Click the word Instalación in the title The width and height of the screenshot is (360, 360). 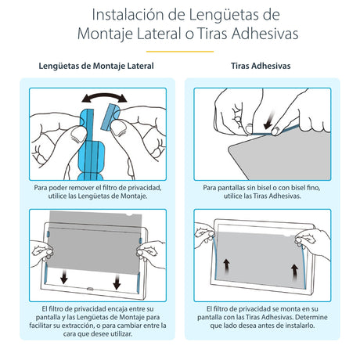(x=124, y=15)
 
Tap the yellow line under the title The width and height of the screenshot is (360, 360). (x=179, y=51)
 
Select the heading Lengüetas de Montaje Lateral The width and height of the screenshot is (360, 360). (x=96, y=67)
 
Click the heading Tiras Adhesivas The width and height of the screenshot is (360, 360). (x=262, y=67)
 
